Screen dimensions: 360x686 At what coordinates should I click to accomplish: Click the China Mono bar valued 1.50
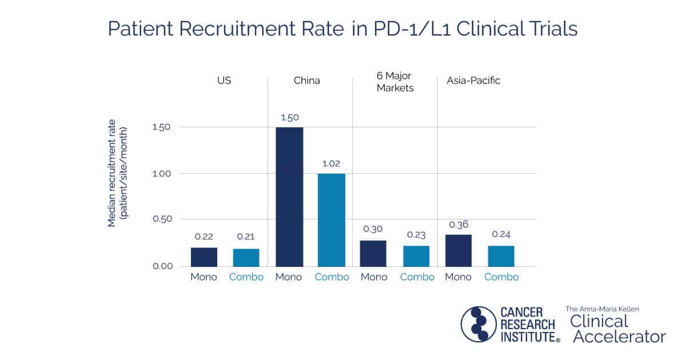tap(289, 197)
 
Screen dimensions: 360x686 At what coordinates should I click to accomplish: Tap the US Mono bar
tap(204, 257)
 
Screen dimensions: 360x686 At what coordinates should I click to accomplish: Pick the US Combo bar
tap(246, 258)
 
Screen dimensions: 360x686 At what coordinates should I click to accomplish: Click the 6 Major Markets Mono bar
tap(374, 254)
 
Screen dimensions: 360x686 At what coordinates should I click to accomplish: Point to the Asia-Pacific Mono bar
tap(458, 251)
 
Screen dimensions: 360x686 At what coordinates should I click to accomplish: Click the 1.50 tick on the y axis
tap(161, 127)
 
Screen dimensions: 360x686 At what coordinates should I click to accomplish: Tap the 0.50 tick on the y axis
tap(161, 219)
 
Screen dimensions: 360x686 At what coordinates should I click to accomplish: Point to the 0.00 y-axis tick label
tap(161, 266)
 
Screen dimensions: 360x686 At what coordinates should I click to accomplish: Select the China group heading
tap(307, 81)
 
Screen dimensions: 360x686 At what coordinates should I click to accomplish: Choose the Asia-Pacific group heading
tap(473, 81)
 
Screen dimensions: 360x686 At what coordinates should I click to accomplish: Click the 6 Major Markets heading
tap(395, 82)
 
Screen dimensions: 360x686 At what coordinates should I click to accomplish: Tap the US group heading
tap(224, 81)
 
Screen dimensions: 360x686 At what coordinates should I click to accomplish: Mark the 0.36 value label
tap(458, 225)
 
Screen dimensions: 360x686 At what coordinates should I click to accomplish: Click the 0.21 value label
tap(246, 237)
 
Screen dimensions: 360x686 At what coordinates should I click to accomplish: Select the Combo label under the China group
tap(332, 277)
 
